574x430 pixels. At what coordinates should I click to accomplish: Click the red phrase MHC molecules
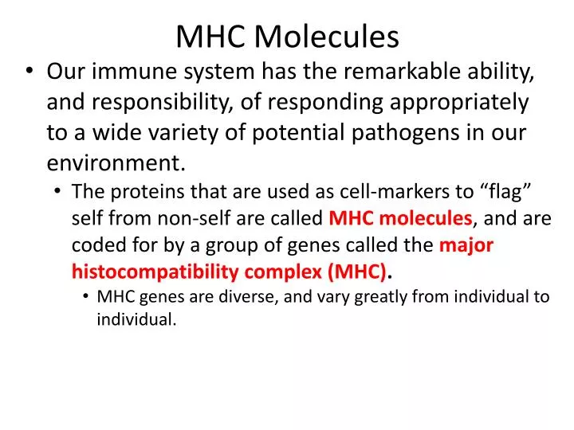point(401,218)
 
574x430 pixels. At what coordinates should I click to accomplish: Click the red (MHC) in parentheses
point(357,272)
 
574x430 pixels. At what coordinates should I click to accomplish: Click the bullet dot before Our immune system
point(29,73)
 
